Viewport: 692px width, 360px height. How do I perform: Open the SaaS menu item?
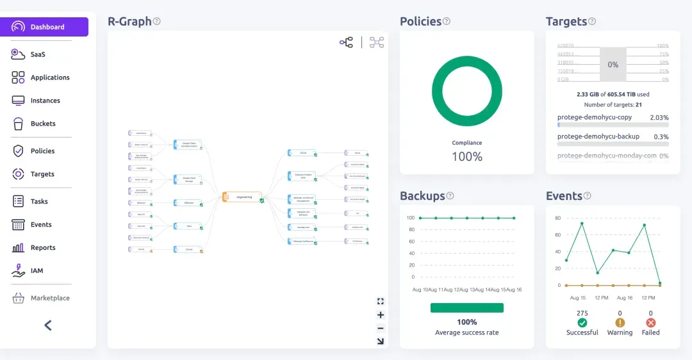[37, 54]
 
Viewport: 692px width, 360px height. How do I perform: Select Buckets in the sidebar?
[42, 124]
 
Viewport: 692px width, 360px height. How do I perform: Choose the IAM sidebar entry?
[37, 271]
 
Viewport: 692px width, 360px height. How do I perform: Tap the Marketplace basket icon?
[18, 298]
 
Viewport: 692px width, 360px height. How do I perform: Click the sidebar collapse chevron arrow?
[48, 325]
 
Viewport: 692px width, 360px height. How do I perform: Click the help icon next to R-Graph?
[157, 21]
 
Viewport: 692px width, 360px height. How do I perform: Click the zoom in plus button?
[381, 315]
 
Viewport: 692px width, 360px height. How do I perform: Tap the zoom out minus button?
[381, 328]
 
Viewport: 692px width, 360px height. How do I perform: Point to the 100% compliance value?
[467, 156]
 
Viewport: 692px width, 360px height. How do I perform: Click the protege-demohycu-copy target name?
[595, 118]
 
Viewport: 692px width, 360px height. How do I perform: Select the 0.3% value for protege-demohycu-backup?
[661, 137]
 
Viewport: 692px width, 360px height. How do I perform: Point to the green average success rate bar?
[466, 308]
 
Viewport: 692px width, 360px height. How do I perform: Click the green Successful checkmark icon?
[582, 323]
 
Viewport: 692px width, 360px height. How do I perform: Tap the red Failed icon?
[651, 323]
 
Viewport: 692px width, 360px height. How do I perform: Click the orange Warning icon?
[620, 323]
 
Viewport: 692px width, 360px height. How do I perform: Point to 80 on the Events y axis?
[557, 218]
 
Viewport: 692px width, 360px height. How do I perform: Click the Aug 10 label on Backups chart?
[420, 290]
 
